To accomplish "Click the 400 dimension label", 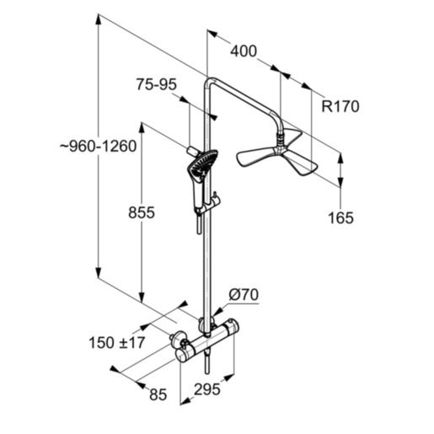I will (x=243, y=52).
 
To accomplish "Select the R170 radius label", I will (x=341, y=106).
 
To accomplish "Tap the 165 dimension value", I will (x=341, y=218).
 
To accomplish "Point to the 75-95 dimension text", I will (x=155, y=83).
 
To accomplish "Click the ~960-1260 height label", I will (x=98, y=146).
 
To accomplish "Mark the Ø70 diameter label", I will (x=244, y=295).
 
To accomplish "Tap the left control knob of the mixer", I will (x=178, y=341).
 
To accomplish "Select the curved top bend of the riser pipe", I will (x=212, y=79).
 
